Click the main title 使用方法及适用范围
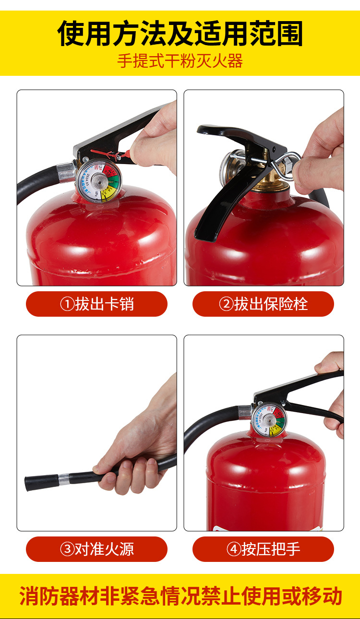(x=180, y=33)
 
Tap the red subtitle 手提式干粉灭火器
(x=180, y=61)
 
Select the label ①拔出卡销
(x=96, y=304)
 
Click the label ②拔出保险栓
(x=263, y=304)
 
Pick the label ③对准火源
(x=96, y=549)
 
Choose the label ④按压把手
(x=263, y=549)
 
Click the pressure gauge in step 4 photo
(x=269, y=419)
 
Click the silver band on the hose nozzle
(x=64, y=479)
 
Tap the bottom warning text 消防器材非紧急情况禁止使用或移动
(x=180, y=596)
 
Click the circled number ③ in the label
(x=67, y=549)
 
